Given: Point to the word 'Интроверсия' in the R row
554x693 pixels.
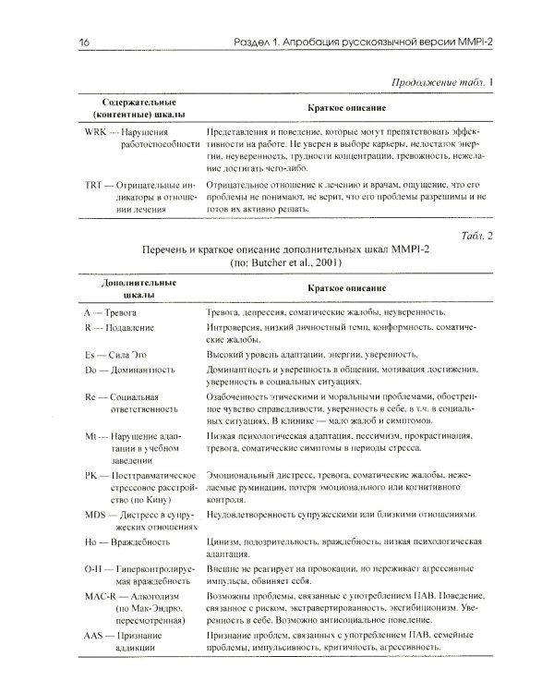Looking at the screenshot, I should point(239,329).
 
